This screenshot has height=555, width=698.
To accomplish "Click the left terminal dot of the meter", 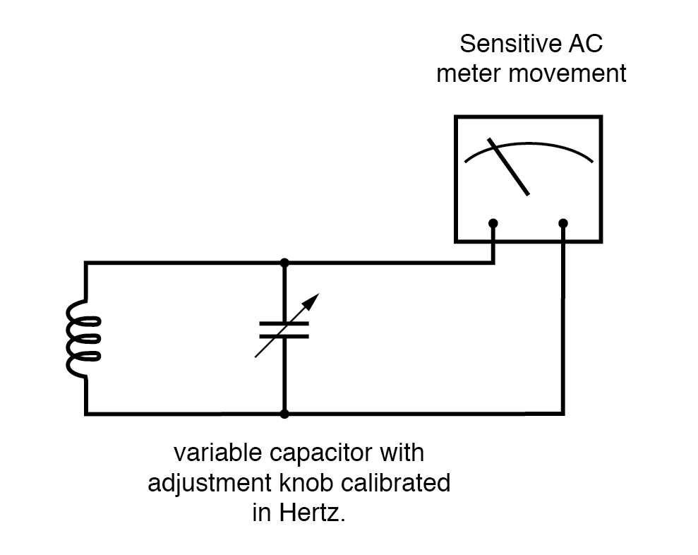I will point(493,223).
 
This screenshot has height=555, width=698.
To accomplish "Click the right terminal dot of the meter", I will point(563,223).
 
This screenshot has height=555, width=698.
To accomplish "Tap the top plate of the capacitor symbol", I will point(284,323).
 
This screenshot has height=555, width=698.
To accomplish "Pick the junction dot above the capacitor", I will point(284,263).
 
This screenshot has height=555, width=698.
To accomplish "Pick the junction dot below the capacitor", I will point(284,413).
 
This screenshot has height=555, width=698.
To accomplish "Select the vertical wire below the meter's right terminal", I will point(563,318).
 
